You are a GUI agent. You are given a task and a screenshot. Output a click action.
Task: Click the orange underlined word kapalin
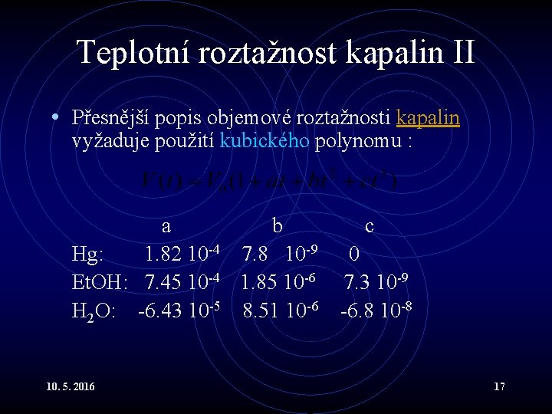[428, 118]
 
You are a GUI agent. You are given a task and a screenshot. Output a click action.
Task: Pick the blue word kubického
[264, 140]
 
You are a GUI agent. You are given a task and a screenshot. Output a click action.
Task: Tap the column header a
[166, 226]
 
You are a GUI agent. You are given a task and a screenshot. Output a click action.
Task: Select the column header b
[278, 225]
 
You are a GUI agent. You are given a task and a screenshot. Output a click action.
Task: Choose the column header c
[370, 226]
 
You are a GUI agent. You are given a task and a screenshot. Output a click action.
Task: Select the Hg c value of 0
[354, 254]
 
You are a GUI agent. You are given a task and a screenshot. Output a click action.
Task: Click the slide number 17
[499, 386]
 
